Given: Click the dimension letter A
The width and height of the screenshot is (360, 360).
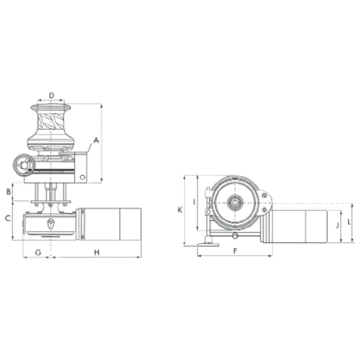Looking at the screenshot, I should [96, 140].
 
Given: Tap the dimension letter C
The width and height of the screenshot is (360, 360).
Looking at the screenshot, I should [7, 219].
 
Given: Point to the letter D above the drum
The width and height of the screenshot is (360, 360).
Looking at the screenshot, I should [51, 95].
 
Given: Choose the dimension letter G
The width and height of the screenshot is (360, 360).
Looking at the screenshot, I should [38, 252].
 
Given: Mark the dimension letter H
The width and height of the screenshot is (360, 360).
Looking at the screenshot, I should [97, 252].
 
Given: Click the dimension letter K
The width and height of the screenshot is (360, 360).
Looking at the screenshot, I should [180, 210].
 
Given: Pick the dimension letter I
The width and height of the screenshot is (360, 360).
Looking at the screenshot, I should [193, 202].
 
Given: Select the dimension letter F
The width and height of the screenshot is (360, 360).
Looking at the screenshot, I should [235, 252].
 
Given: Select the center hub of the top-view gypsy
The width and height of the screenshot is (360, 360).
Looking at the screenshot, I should [234, 202].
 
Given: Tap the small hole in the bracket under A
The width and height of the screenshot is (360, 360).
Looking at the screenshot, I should [82, 177].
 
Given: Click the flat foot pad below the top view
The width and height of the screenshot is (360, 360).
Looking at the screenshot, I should [208, 244].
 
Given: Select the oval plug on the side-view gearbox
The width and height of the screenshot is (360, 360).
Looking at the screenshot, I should [51, 222].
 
